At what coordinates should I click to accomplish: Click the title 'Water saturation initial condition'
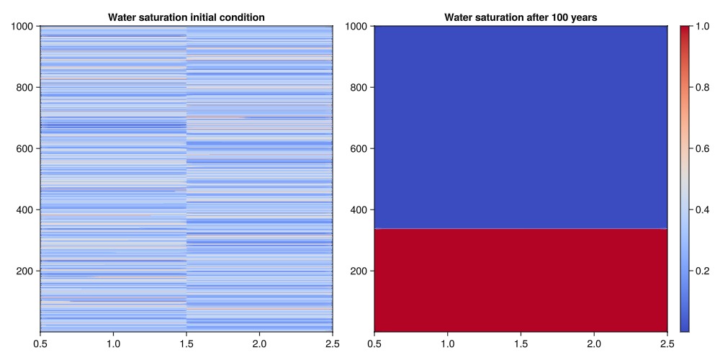pyautogui.click(x=186, y=17)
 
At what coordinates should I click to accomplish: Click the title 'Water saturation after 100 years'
pyautogui.click(x=521, y=17)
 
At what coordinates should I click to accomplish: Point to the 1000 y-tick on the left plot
pyautogui.click(x=24, y=27)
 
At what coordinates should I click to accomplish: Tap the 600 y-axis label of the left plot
pyautogui.click(x=27, y=149)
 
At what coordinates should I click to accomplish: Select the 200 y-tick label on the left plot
pyautogui.click(x=27, y=271)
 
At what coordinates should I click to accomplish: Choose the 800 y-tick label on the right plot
pyautogui.click(x=361, y=88)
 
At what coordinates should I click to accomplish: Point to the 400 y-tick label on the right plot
pyautogui.click(x=361, y=210)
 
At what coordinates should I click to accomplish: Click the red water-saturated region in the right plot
pyautogui.click(x=521, y=281)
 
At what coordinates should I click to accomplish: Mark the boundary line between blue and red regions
pyautogui.click(x=521, y=229)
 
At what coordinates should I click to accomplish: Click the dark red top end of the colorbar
pyautogui.click(x=685, y=30)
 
